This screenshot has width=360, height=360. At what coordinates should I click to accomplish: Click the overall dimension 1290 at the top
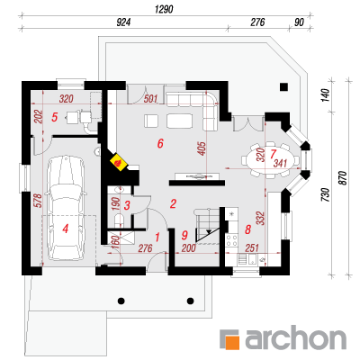164,9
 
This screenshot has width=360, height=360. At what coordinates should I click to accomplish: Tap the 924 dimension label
123,22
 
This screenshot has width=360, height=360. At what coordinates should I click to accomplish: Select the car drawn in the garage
66,208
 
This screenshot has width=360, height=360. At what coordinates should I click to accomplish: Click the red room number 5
54,117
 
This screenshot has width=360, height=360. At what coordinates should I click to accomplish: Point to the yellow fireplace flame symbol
119,162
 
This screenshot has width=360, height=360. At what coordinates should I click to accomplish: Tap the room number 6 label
160,144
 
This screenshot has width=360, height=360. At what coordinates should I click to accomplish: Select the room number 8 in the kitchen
247,229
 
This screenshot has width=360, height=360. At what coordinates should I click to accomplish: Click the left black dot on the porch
121,301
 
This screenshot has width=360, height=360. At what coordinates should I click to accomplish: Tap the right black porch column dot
190,301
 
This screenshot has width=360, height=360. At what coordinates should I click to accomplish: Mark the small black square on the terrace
283,86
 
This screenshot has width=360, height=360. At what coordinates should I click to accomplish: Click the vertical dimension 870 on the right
343,177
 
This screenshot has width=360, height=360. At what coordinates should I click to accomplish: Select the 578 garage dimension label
39,201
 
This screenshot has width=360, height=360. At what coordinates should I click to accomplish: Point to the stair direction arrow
208,232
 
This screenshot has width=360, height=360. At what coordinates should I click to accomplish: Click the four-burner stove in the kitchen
232,240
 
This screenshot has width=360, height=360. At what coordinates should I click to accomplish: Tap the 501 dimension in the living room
150,99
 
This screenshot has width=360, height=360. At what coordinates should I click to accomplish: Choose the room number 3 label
127,206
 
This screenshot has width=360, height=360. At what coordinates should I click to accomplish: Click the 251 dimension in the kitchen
252,247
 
